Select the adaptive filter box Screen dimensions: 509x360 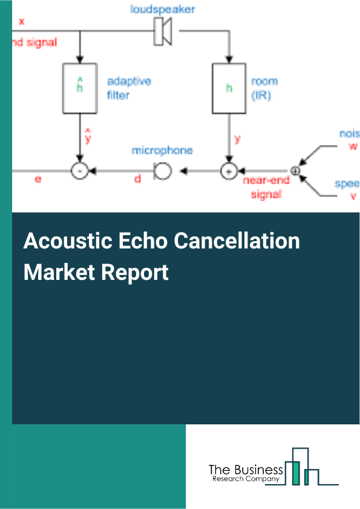pos(79,88)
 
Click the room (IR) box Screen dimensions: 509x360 pos(229,88)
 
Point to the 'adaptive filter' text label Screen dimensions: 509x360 pos(128,88)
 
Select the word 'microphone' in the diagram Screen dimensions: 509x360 pos(162,150)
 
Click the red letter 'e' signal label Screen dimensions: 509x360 pos(38,180)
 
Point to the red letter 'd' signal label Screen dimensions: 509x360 pos(137,180)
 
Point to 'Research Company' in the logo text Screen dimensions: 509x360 pos(245,479)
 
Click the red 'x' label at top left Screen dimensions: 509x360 pos(22,21)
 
